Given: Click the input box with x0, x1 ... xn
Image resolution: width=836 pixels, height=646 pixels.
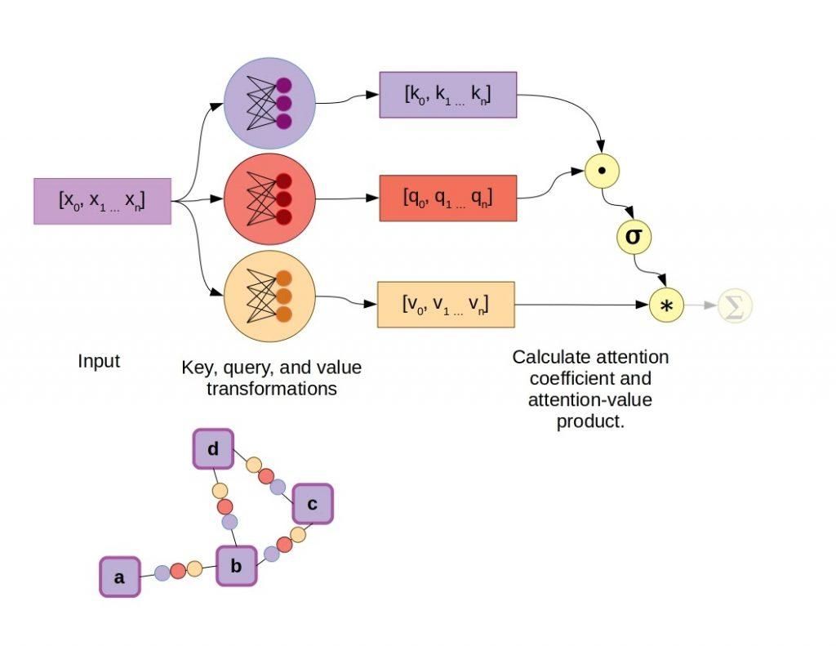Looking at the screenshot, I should tap(102, 201).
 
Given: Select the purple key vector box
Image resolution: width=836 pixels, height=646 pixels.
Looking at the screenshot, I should tap(447, 95).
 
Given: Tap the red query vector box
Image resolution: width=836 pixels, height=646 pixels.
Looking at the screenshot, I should tap(447, 198).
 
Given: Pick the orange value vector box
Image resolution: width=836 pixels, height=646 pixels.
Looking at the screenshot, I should tap(446, 305).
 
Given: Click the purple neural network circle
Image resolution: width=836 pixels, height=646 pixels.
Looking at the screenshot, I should tap(269, 103).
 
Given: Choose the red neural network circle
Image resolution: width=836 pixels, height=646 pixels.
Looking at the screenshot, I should tap(269, 199).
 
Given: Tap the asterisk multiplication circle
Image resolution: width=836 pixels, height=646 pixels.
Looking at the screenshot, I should tap(665, 305).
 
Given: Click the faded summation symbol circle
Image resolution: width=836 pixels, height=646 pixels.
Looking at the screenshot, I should tap(734, 305).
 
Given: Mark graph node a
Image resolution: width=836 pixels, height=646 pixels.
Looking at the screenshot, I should tap(120, 577).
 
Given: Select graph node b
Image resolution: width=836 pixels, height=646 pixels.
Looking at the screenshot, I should tap(237, 565).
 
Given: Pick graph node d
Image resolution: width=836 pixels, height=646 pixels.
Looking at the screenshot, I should tap(213, 449).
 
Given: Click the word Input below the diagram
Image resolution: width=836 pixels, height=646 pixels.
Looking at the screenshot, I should tap(99, 361).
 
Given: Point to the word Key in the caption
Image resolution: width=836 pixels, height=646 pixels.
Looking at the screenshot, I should tap(196, 368).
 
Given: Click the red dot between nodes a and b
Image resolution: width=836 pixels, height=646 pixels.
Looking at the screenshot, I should tap(178, 569).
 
